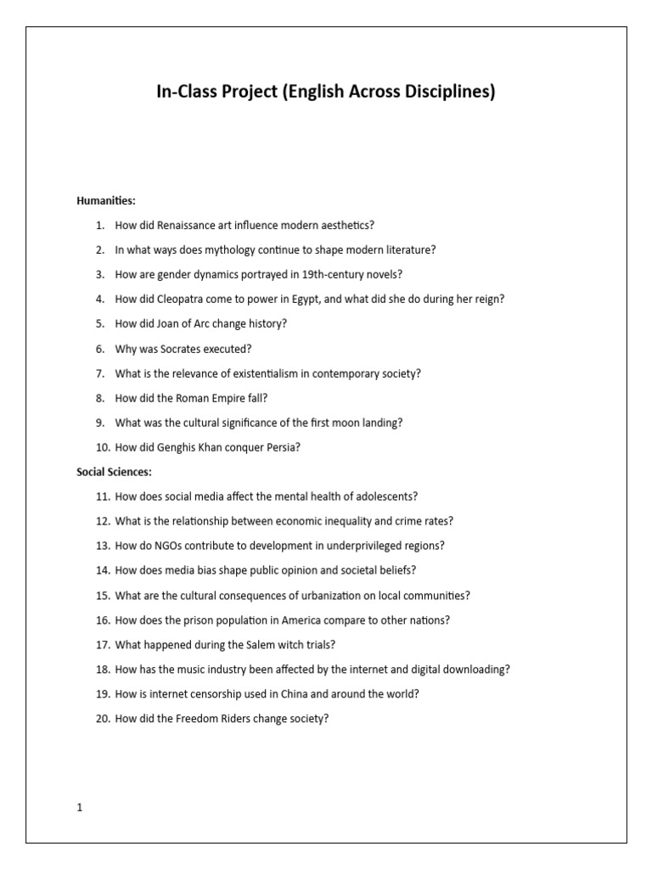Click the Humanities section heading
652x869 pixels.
[x=106, y=201]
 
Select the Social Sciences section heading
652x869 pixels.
[x=115, y=472]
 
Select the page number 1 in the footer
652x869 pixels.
[x=80, y=808]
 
